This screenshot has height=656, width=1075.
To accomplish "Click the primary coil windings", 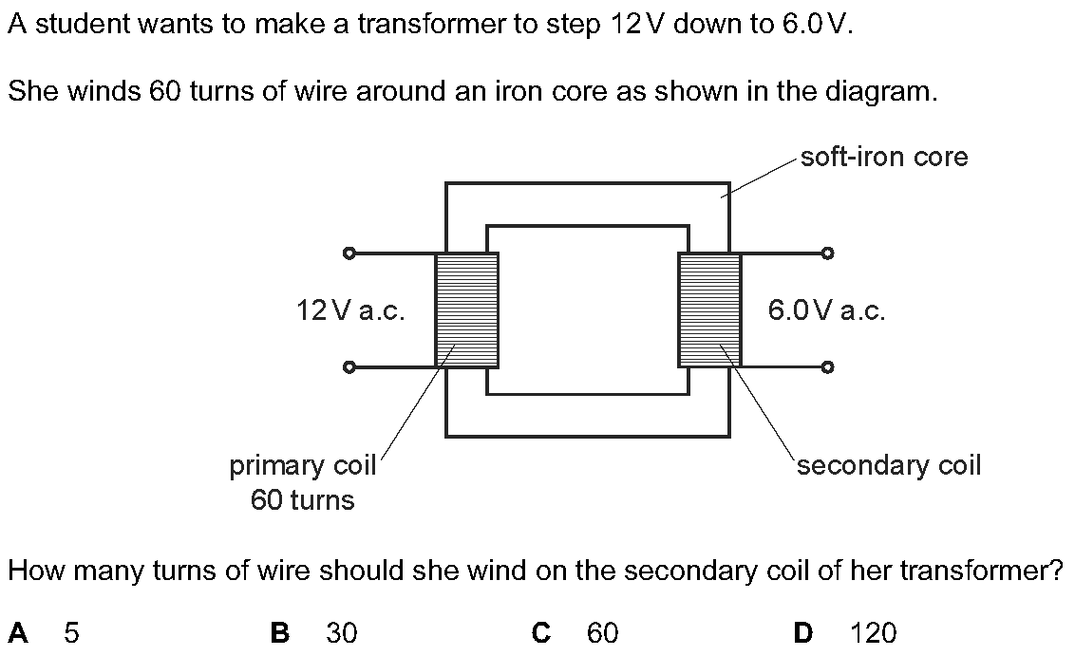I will tap(466, 309).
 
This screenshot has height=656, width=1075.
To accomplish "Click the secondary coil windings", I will tap(709, 309).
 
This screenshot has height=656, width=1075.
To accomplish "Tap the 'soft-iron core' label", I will tap(884, 157).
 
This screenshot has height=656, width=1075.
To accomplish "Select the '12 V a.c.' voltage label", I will tap(350, 310).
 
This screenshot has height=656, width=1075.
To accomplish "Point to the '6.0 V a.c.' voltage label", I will tap(826, 310).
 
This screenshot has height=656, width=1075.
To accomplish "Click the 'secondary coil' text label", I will tap(889, 465).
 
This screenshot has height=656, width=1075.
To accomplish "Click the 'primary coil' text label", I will tap(303, 465).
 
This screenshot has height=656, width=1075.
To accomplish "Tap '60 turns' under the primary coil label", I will tap(303, 500).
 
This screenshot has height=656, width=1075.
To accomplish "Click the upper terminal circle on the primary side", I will tap(349, 253).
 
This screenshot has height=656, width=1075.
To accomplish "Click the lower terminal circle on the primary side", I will tap(349, 366).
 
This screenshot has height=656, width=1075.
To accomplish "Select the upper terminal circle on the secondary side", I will tap(828, 253).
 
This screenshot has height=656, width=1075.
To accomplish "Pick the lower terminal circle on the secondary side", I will tap(828, 366).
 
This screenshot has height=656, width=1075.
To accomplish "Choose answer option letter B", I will tap(280, 632).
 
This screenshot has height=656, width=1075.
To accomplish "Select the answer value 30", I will tap(341, 632).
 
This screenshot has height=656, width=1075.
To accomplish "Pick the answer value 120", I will tap(874, 632).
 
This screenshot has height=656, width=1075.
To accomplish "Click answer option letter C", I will tap(542, 632).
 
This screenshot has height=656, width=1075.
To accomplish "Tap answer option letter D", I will tap(803, 632).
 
